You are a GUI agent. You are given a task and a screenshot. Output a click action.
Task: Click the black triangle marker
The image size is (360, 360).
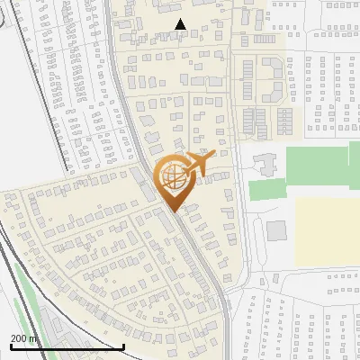tap(181, 24)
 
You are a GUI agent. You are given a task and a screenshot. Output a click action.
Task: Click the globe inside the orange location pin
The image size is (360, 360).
tap(171, 176)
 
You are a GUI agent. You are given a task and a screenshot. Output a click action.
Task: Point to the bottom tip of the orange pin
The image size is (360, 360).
tap(173, 211)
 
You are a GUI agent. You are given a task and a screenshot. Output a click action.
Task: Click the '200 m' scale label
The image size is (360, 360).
tap(24, 338)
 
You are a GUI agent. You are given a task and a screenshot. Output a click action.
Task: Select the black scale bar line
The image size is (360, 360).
tap(67, 346)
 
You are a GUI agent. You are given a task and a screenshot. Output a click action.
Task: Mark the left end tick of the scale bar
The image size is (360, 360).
tap(11, 345)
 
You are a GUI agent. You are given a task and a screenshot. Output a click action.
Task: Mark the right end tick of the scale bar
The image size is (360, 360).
tap(123, 345)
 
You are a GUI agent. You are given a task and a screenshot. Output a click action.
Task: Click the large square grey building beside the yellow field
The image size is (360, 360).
tap(276, 230)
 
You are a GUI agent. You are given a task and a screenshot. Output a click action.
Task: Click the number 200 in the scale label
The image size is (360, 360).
tap(20, 338)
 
